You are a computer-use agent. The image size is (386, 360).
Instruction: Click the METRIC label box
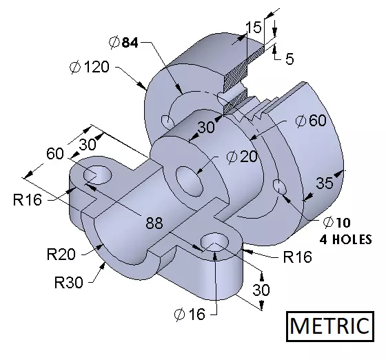pyautogui.click(x=330, y=326)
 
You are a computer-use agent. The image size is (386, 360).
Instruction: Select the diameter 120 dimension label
pyautogui.click(x=90, y=67)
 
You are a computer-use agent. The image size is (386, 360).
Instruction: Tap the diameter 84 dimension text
pyautogui.click(x=123, y=42)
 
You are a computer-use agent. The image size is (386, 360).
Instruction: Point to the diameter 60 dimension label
pyautogui.click(x=311, y=121)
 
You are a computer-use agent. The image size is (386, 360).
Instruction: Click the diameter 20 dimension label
pyautogui.click(x=242, y=157)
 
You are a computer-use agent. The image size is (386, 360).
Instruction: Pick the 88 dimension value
pyautogui.click(x=154, y=223)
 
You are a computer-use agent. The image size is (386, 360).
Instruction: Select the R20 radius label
pyautogui.click(x=61, y=254)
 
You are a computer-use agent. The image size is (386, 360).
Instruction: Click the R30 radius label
pyautogui.click(x=69, y=282)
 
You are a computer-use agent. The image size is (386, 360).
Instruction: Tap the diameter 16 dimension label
pyautogui.click(x=190, y=314)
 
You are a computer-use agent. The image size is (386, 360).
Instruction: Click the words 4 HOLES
pyautogui.click(x=345, y=239)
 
